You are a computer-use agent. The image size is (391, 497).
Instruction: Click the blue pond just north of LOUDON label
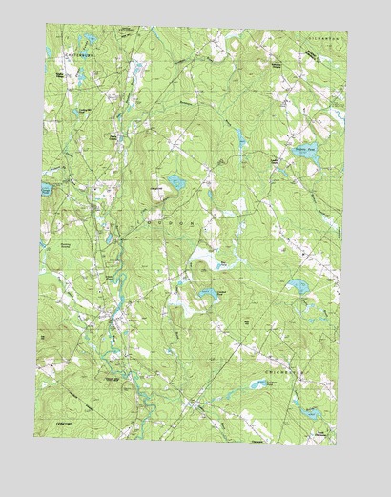tap(176, 181)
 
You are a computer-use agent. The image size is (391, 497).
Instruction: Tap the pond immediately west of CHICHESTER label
tap(257, 384)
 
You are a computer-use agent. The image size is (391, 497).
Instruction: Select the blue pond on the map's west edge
tap(48, 176)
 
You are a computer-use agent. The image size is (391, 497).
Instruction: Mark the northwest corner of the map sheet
tap(45, 26)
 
